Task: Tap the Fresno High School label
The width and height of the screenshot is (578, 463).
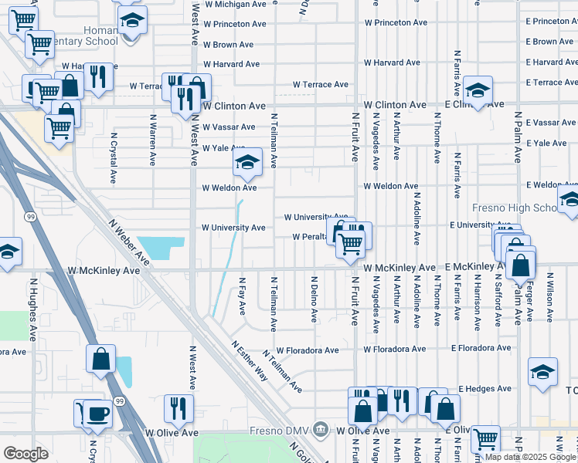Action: click(514, 208)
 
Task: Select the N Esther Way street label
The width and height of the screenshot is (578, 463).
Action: click(249, 360)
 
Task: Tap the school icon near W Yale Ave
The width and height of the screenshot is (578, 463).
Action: click(247, 162)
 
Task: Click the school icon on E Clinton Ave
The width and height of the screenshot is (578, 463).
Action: click(478, 91)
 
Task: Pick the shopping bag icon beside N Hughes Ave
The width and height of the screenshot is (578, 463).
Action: click(100, 359)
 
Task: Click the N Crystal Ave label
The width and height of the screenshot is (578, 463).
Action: click(113, 157)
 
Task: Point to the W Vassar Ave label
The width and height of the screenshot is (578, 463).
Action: click(229, 127)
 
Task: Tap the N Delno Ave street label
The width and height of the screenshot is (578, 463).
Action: click(314, 299)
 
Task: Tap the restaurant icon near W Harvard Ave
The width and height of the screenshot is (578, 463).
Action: click(98, 76)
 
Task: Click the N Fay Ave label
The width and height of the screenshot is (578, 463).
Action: click(242, 297)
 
